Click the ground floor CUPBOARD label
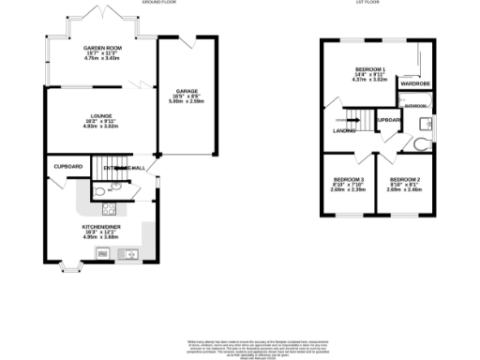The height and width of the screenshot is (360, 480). pos(68,167)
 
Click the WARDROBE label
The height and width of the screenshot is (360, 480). pos(414,83)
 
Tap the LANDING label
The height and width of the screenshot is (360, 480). pos(344,131)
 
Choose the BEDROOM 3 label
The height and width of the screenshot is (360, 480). pos(350,179)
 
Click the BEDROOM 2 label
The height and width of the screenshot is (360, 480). pos(404,179)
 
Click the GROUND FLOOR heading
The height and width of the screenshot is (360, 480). pos(160,4)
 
